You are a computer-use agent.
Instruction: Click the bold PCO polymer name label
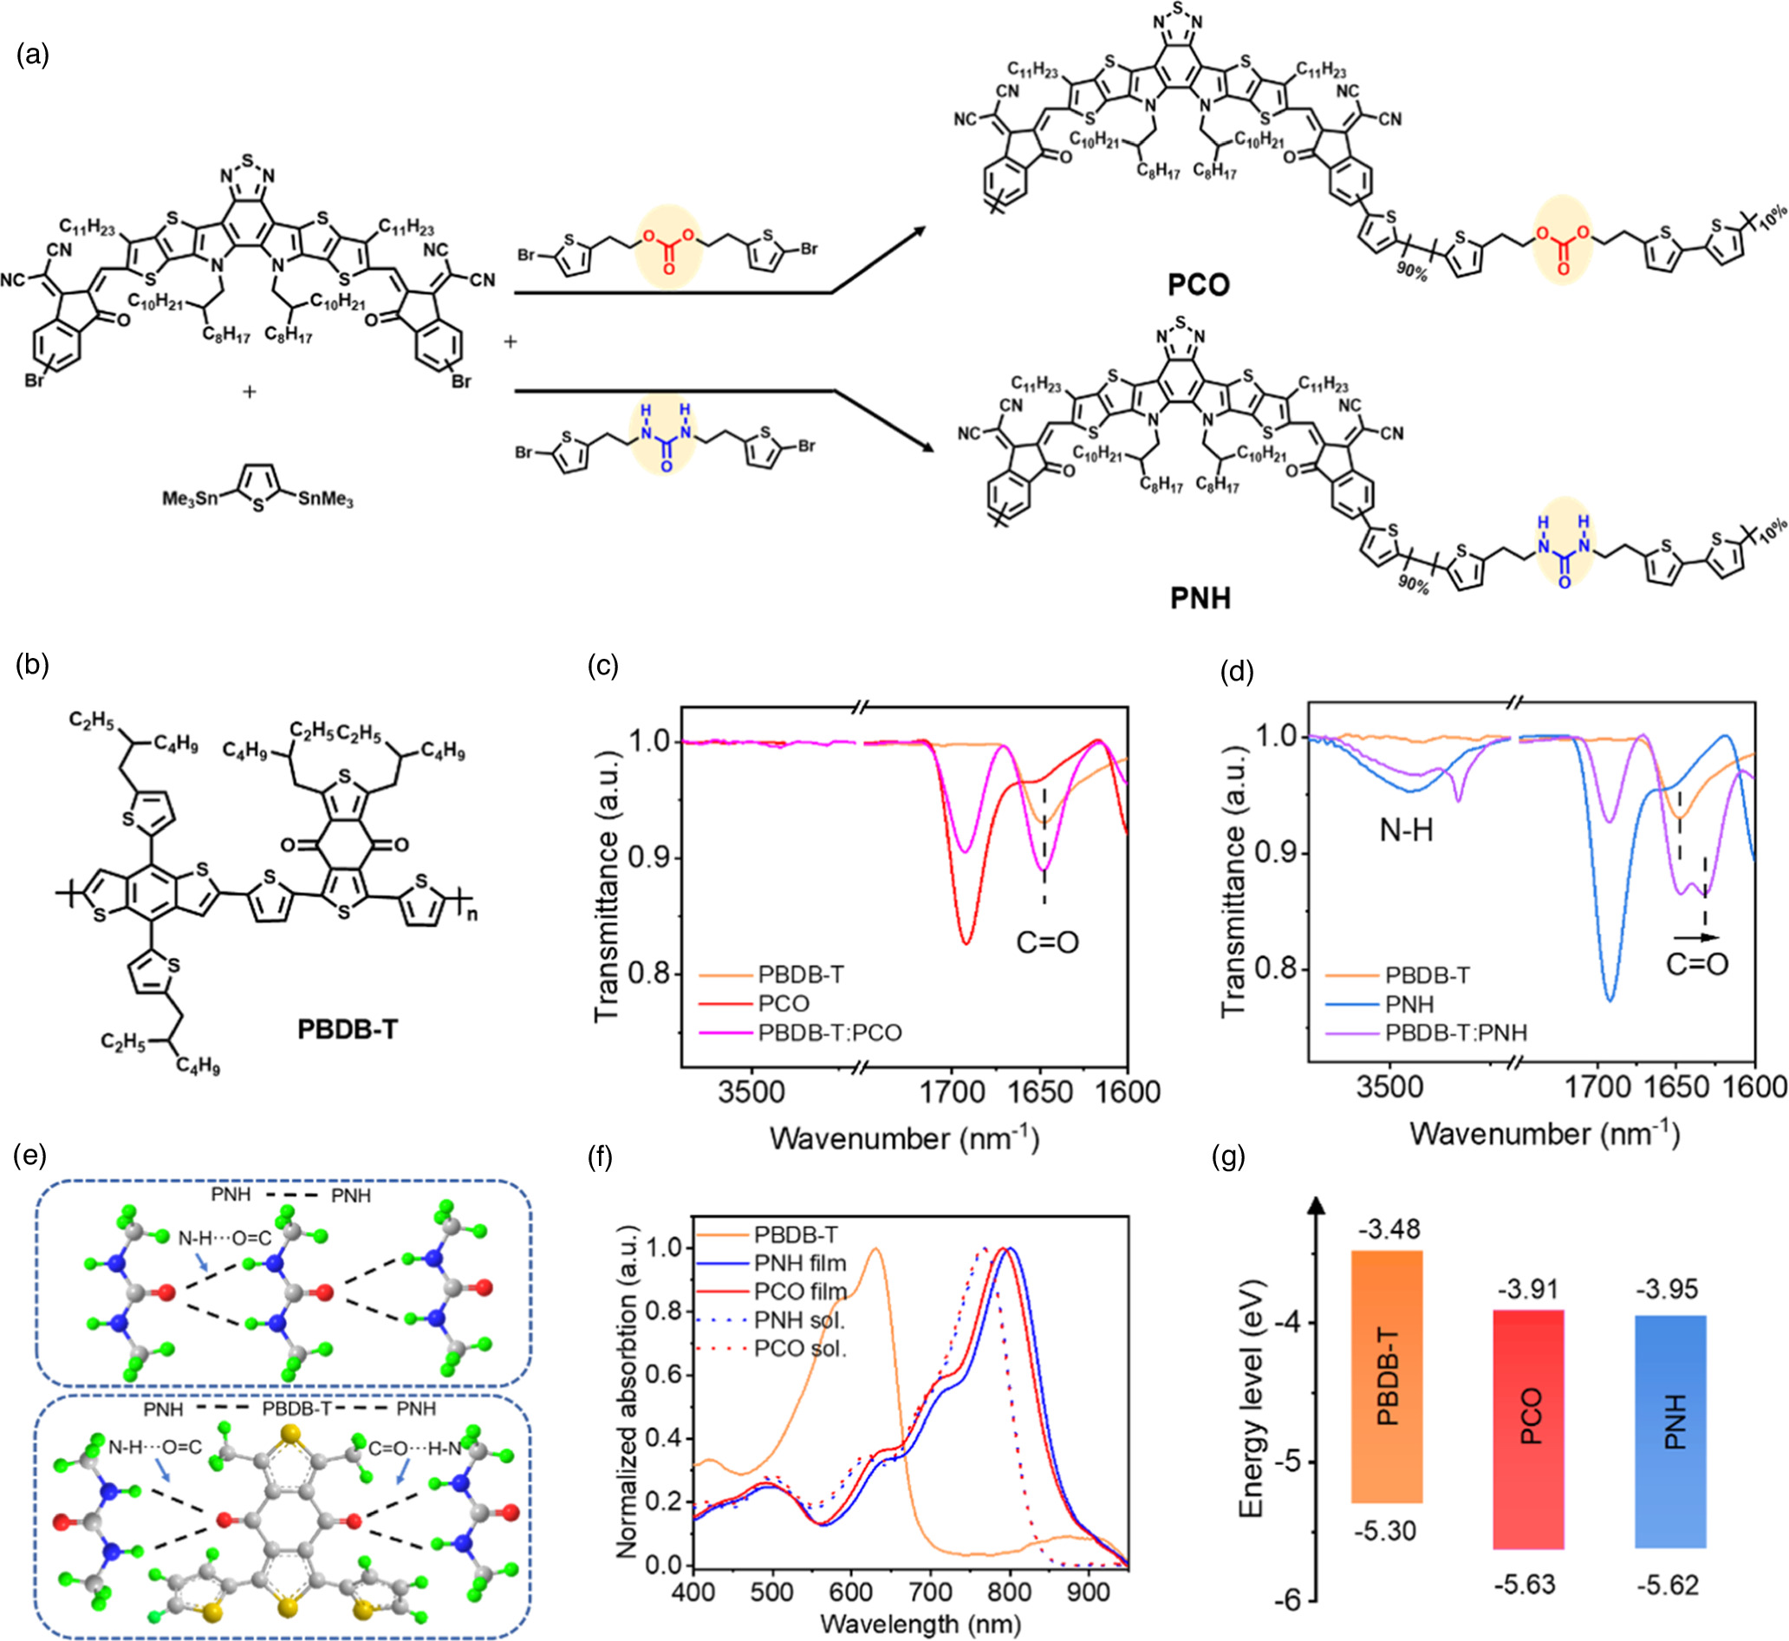(1198, 285)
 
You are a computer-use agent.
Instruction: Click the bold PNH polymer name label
(1200, 598)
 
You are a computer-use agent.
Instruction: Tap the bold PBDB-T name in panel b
(348, 1029)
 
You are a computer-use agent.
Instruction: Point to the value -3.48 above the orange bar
(1387, 1230)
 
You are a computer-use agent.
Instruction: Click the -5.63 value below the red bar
(1525, 1584)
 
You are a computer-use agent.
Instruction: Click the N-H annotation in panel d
(1407, 830)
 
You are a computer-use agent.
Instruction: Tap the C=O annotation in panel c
(1048, 941)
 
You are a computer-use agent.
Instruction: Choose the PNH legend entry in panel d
(1409, 1005)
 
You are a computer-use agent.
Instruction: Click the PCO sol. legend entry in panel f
(799, 1349)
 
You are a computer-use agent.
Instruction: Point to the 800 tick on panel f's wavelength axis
(1010, 1591)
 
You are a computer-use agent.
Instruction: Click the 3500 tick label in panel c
(751, 1091)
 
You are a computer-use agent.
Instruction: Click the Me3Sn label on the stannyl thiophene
(189, 498)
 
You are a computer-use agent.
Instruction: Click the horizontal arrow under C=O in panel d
(1695, 937)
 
